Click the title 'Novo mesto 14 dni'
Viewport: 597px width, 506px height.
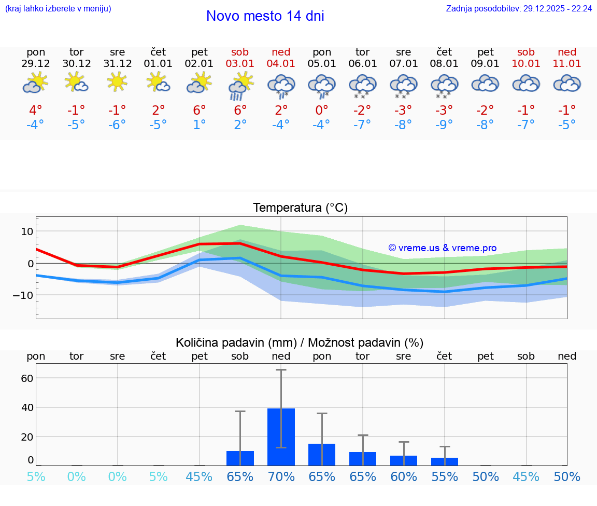click(265, 16)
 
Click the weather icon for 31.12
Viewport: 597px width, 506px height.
click(118, 82)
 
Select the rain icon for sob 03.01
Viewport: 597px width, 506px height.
click(240, 86)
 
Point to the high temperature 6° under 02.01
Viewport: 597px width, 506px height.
click(200, 110)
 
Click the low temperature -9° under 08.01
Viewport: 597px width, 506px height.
click(444, 125)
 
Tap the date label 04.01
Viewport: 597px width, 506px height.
click(281, 63)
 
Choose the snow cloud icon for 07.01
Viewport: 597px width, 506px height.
click(403, 86)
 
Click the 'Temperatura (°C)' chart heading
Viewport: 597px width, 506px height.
click(300, 208)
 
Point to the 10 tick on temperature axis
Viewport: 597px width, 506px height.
click(26, 231)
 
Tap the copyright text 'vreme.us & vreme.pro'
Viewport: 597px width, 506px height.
click(443, 248)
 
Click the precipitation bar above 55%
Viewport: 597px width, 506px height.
click(444, 461)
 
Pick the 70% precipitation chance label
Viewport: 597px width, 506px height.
click(281, 476)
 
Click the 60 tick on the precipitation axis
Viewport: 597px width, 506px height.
click(27, 378)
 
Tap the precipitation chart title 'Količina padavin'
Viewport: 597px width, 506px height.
click(300, 343)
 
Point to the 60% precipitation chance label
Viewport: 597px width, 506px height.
click(403, 476)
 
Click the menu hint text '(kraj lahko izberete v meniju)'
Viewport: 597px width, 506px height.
click(58, 8)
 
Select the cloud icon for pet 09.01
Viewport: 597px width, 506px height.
click(485, 83)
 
